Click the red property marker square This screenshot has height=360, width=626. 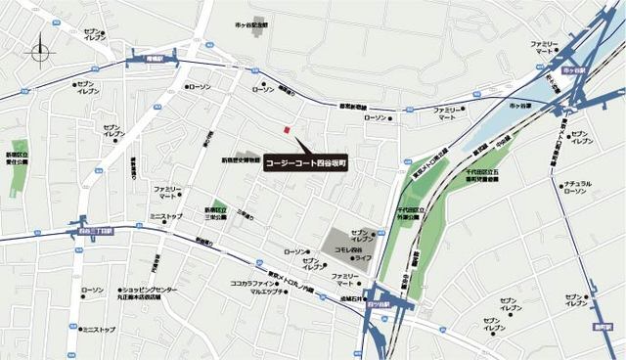pyautogui.click(x=286, y=130)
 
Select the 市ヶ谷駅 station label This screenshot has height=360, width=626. pyautogui.click(x=580, y=71)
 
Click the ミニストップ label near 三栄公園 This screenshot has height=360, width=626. pyautogui.click(x=166, y=215)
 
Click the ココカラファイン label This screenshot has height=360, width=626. pyautogui.click(x=256, y=283)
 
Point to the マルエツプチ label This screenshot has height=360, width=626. pyautogui.click(x=267, y=292)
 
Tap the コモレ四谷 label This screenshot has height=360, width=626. pyautogui.click(x=349, y=250)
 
